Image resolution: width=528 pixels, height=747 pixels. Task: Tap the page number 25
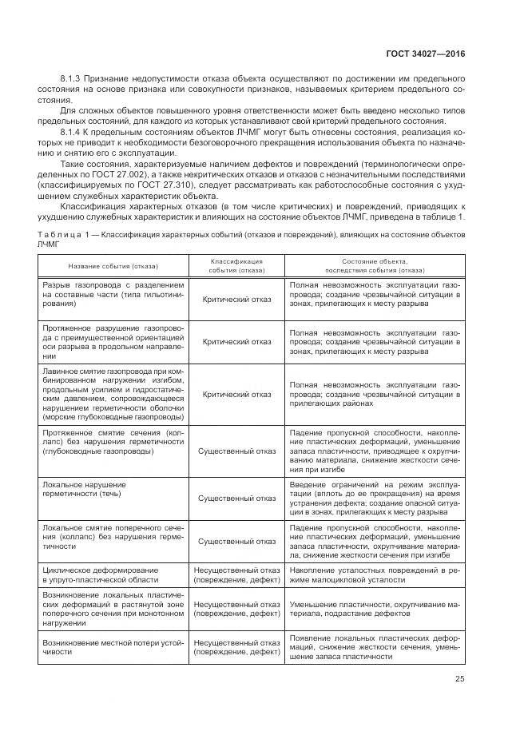click(x=458, y=680)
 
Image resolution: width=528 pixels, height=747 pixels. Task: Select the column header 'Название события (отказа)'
click(x=113, y=265)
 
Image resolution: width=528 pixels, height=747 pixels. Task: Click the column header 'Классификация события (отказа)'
click(x=236, y=265)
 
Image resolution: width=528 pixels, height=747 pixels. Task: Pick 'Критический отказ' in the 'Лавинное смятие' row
click(x=236, y=394)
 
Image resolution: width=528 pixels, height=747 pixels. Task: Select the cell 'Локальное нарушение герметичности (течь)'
click(x=113, y=489)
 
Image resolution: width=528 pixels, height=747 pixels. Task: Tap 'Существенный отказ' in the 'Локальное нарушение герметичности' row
click(x=236, y=499)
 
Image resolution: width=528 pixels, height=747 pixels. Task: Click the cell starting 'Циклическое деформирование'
click(x=113, y=575)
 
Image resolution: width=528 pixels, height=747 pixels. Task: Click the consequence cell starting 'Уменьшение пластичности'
click(x=374, y=610)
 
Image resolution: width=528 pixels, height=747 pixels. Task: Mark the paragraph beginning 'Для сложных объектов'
click(x=264, y=116)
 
